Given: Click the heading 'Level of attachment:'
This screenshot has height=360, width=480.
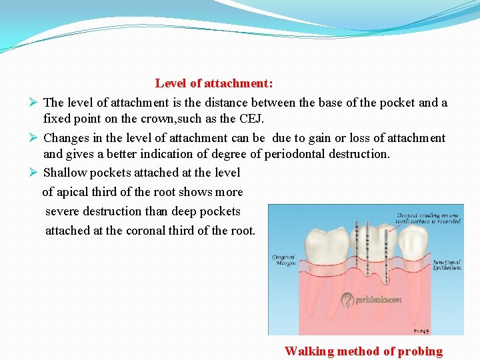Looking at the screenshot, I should (x=214, y=83).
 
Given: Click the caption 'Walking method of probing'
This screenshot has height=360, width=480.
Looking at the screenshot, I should (x=363, y=351).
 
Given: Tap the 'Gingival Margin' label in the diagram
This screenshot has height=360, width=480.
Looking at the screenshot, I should (x=283, y=260).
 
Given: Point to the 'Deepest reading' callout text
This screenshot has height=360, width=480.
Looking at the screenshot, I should (x=428, y=218).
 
